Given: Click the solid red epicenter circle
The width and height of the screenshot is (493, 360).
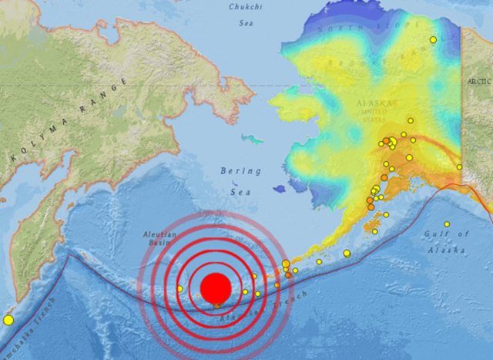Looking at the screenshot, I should tap(215, 288).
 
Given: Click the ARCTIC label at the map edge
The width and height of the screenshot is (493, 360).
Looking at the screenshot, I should tap(477, 80).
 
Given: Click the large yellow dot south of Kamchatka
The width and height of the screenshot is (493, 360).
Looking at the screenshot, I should tap(8, 319).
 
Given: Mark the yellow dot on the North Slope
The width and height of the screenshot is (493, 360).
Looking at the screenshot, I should tap(434, 39).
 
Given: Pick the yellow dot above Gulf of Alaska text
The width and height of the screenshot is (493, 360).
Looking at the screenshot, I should tap(447, 224).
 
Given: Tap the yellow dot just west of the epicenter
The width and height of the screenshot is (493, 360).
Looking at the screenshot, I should tap(179, 289).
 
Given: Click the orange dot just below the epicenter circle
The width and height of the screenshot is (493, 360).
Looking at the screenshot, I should tap(217, 306).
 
